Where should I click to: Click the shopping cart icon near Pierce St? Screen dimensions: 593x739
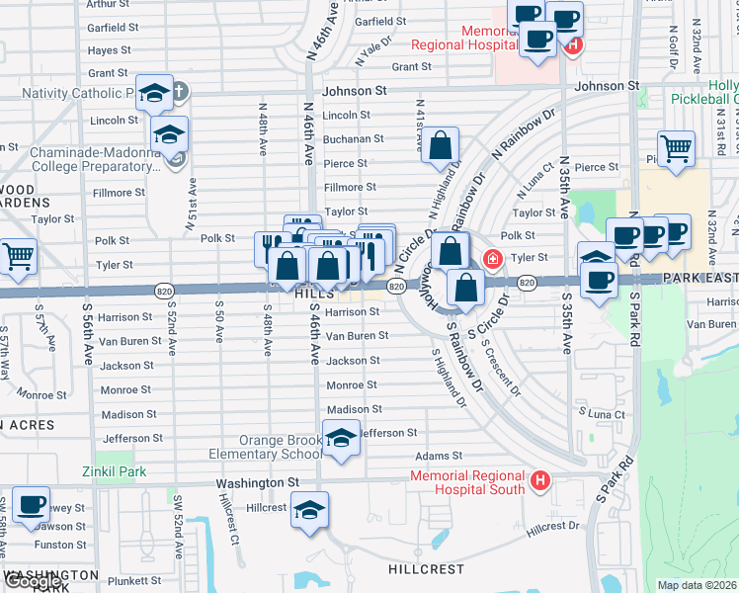[676, 149]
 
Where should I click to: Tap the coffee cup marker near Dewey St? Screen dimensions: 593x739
[31, 504]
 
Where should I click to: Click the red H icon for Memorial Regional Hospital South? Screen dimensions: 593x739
[539, 481]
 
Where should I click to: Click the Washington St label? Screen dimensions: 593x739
[258, 482]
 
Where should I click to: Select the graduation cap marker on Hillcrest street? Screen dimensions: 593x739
[310, 510]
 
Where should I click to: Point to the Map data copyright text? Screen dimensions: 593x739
[698, 585]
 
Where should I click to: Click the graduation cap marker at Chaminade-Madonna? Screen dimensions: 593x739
[170, 133]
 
